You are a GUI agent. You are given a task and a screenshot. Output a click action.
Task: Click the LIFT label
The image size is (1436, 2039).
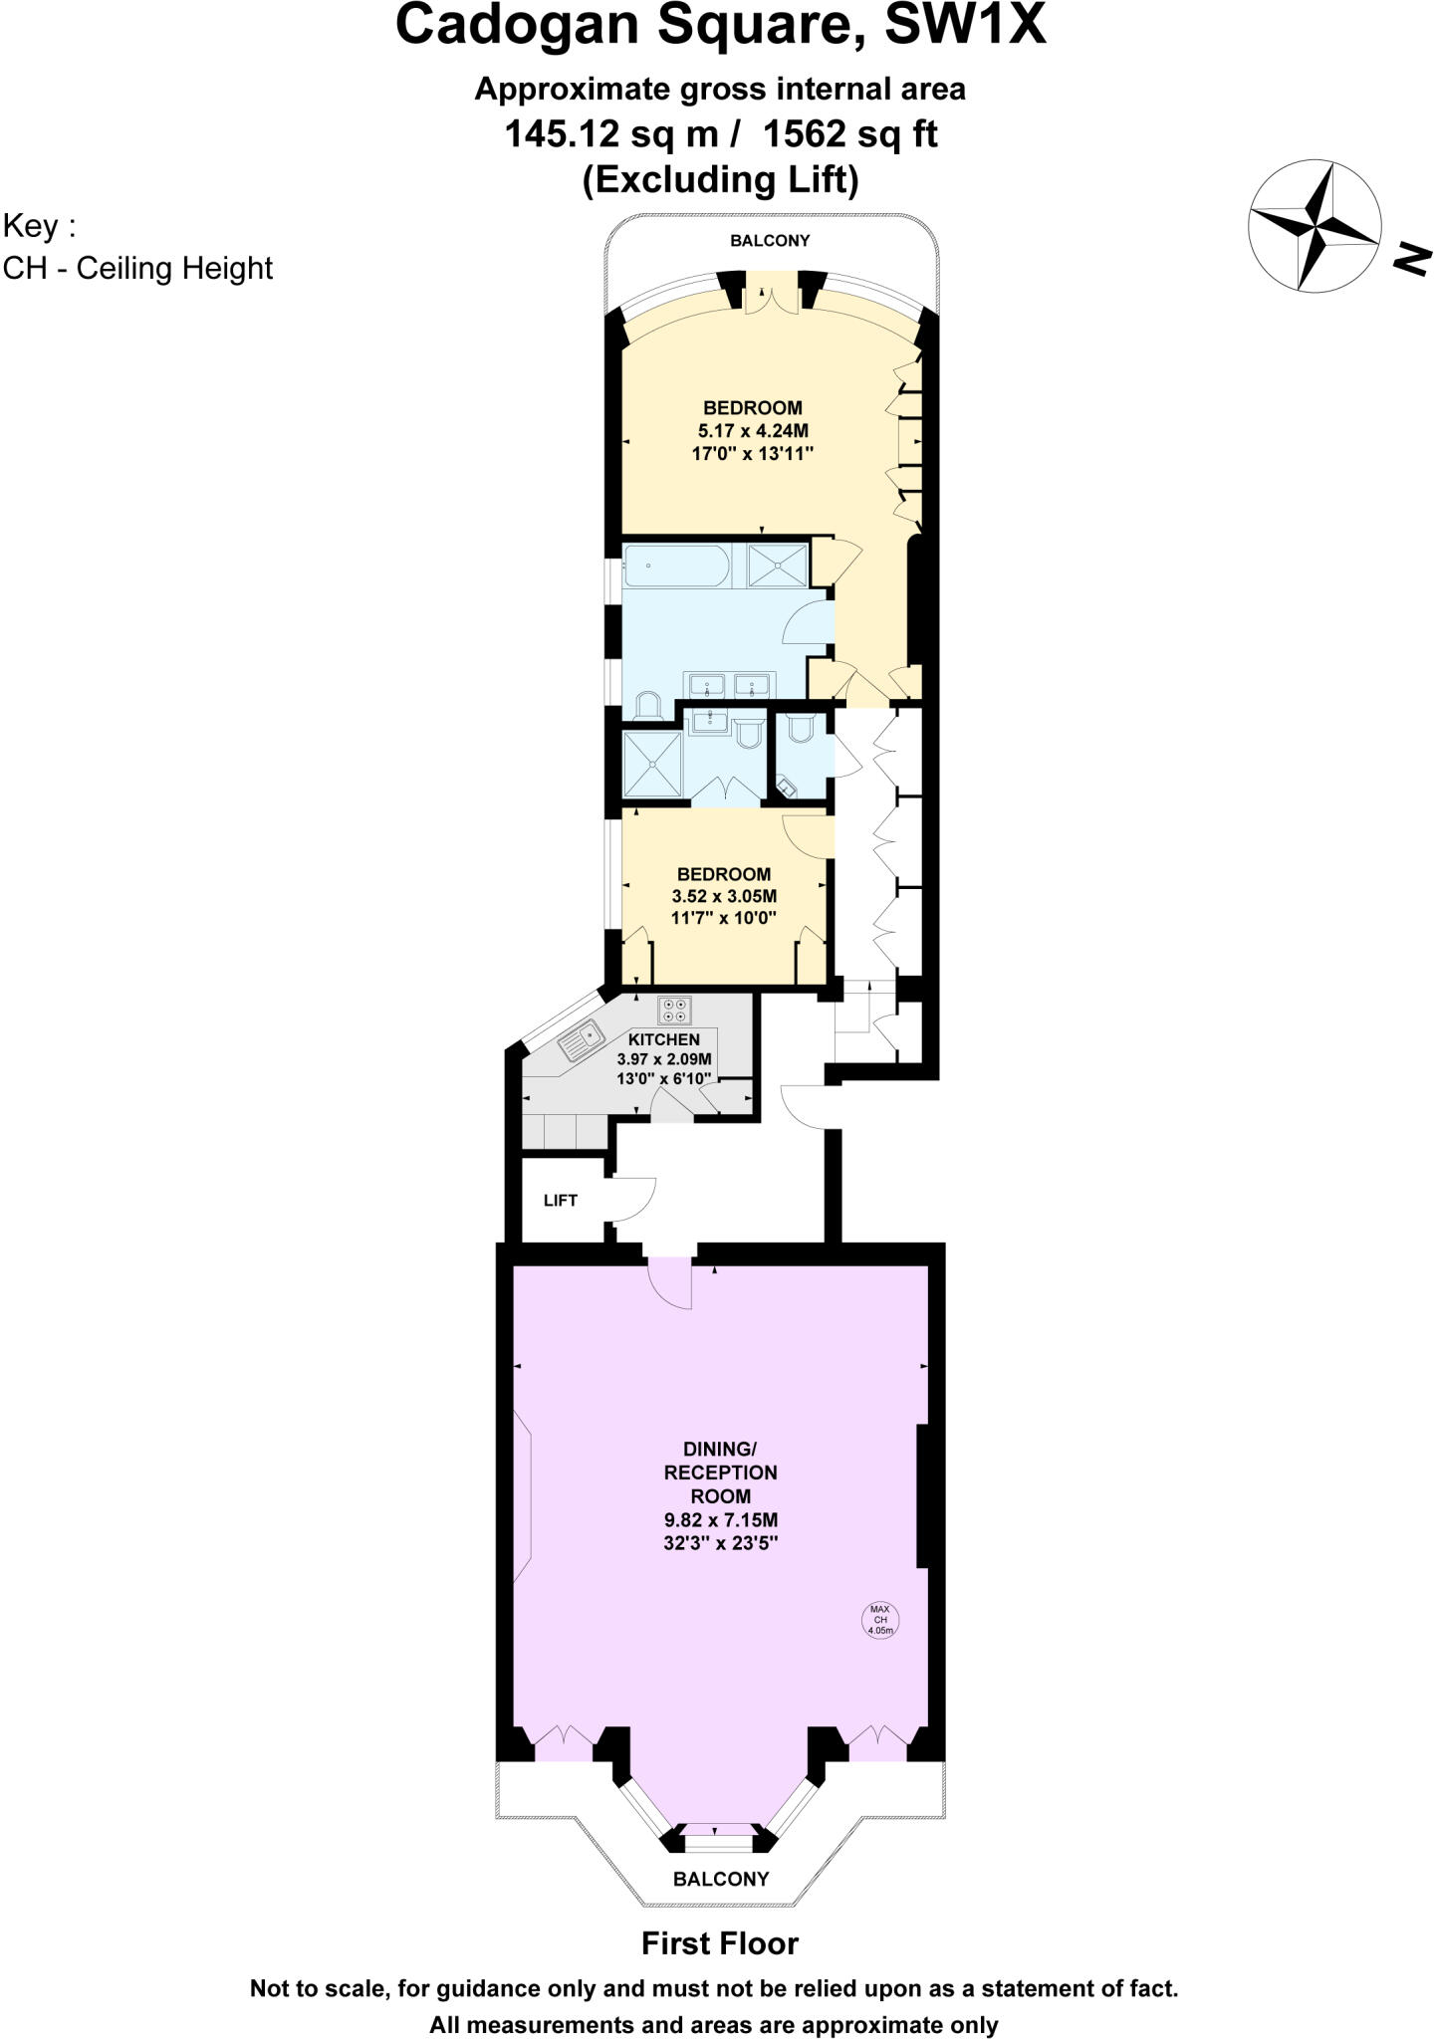pos(560,1200)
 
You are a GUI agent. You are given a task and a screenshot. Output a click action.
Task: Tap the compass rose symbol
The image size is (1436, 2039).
pos(1315,227)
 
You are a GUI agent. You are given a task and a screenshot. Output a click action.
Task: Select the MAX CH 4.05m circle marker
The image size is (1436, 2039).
pos(880,1620)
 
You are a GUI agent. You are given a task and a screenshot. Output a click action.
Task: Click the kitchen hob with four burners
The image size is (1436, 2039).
pos(674,1011)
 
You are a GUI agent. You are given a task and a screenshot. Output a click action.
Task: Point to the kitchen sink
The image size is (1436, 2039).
pos(582,1042)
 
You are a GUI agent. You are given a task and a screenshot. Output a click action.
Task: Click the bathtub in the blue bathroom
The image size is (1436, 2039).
pos(675,566)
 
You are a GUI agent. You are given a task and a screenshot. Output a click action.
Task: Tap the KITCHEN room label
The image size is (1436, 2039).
pos(664,1039)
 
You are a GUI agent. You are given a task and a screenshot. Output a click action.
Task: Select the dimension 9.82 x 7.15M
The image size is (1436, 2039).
pos(721,1520)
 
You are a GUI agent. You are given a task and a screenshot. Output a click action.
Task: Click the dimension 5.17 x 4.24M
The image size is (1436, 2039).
pos(752,431)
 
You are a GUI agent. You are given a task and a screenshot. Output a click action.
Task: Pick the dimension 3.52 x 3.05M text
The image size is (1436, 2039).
pos(724,896)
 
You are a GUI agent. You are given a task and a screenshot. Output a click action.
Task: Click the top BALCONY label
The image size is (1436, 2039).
pos(770,241)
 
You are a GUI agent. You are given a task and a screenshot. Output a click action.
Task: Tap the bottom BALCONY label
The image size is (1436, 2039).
pos(721,1879)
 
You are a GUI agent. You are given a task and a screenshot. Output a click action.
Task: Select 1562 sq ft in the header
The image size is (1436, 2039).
pos(849,133)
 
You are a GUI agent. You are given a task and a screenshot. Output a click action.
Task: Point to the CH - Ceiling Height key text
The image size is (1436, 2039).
pos(137,269)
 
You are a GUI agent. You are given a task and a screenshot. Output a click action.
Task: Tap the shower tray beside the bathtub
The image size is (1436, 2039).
pos(779,566)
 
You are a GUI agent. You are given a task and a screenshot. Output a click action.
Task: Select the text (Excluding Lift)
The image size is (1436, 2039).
pos(719,180)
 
